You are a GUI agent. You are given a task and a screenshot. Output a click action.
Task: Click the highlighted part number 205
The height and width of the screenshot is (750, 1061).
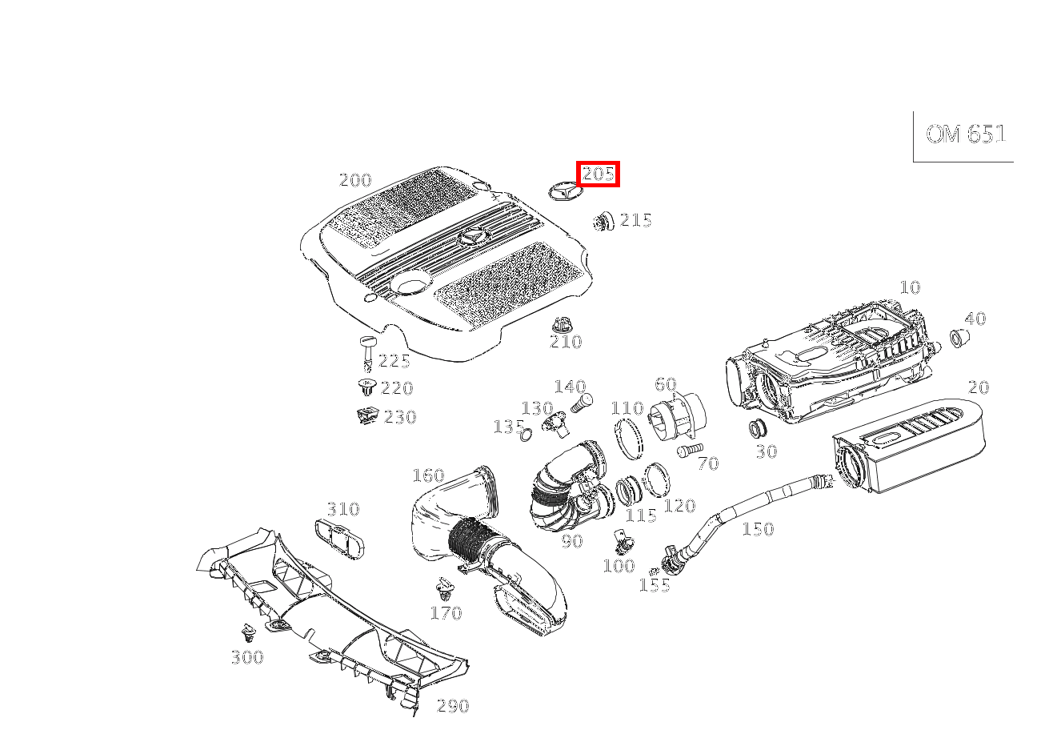598,174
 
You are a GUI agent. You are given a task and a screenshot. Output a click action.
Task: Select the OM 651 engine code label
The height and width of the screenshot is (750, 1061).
965,134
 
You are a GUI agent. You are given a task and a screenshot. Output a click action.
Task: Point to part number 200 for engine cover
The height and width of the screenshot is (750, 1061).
355,180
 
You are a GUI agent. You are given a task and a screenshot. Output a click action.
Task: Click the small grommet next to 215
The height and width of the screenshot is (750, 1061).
603,221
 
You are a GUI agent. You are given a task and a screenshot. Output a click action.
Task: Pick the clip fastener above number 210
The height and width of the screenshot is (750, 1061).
563,325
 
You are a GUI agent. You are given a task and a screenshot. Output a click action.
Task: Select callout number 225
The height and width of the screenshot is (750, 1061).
394,361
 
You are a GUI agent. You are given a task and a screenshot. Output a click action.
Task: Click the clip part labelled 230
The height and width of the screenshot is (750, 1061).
367,415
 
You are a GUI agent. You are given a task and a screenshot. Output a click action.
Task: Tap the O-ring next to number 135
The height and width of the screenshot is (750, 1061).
526,435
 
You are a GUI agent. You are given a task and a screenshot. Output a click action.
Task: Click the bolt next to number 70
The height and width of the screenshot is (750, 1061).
688,451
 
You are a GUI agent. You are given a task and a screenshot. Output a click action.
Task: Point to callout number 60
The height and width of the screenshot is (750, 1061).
665,385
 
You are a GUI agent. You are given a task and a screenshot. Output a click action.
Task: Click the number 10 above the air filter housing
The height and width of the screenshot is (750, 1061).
910,287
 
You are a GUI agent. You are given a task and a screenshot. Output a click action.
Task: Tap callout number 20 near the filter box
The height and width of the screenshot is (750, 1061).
978,387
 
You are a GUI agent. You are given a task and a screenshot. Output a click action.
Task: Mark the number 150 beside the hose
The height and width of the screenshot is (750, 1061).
758,529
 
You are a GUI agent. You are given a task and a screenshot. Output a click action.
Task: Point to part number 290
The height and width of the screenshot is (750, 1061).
452,706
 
